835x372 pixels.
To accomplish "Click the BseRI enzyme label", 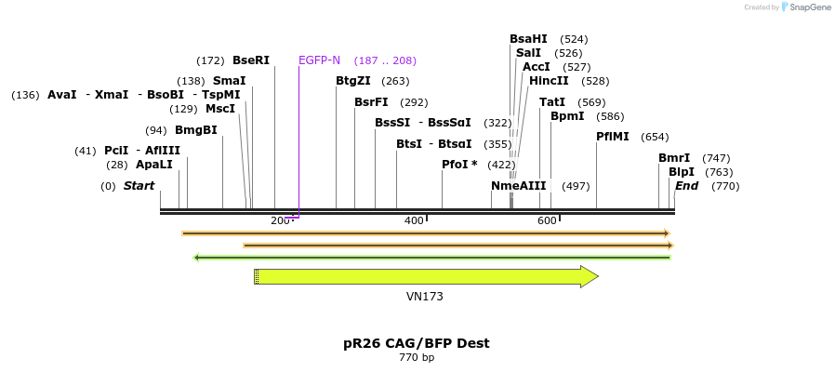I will pos(251,60).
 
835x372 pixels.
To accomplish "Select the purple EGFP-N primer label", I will pos(319,60).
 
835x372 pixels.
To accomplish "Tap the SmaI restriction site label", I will pos(229,81).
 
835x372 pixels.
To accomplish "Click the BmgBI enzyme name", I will pos(195,130).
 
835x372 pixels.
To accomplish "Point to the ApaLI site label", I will pos(154,165).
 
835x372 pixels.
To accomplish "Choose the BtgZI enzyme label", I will pos(353,81).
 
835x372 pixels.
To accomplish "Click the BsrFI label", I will pos(371,102).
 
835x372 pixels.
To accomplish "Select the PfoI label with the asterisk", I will pos(459,165).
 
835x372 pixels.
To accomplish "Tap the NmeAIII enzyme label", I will pos(519,186).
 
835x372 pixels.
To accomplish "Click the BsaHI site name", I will pos(528,39).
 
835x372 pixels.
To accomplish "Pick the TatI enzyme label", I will pos(552,102).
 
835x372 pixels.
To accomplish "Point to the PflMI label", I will pos(613,137).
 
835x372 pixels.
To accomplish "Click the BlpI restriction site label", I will pos(682,172).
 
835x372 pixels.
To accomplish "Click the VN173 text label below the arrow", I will pos(425,298).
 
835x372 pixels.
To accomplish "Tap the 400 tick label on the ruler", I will pos(413,220).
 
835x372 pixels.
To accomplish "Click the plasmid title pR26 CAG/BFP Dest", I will pos(417,343).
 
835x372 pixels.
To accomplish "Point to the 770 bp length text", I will pos(417,358).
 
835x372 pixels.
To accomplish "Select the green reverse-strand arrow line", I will pos(431,258).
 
